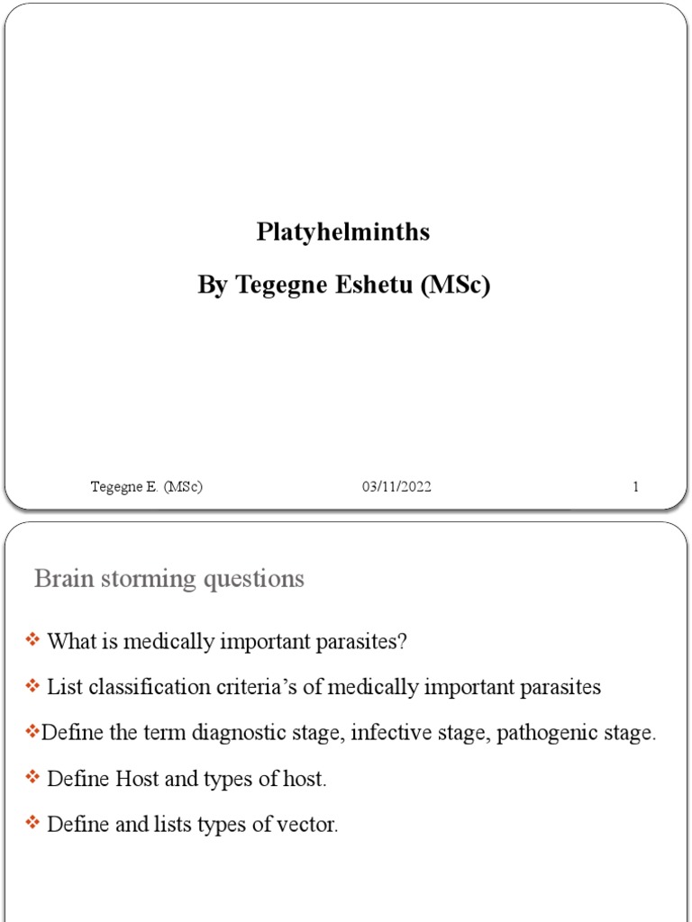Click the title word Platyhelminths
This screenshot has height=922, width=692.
pyautogui.click(x=343, y=232)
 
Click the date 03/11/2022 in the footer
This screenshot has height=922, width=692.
pyautogui.click(x=396, y=487)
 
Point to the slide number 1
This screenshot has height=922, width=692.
pyautogui.click(x=635, y=487)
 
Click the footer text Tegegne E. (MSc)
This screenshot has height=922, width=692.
pyautogui.click(x=146, y=487)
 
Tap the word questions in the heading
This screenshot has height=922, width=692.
pyautogui.click(x=255, y=579)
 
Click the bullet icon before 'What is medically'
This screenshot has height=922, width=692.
pyautogui.click(x=33, y=640)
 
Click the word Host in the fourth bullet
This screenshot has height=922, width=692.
pyautogui.click(x=137, y=779)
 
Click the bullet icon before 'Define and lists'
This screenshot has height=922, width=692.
pyautogui.click(x=33, y=823)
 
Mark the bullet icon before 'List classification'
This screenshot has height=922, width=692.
pyautogui.click(x=33, y=686)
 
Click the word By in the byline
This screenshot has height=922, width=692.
pyautogui.click(x=214, y=285)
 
